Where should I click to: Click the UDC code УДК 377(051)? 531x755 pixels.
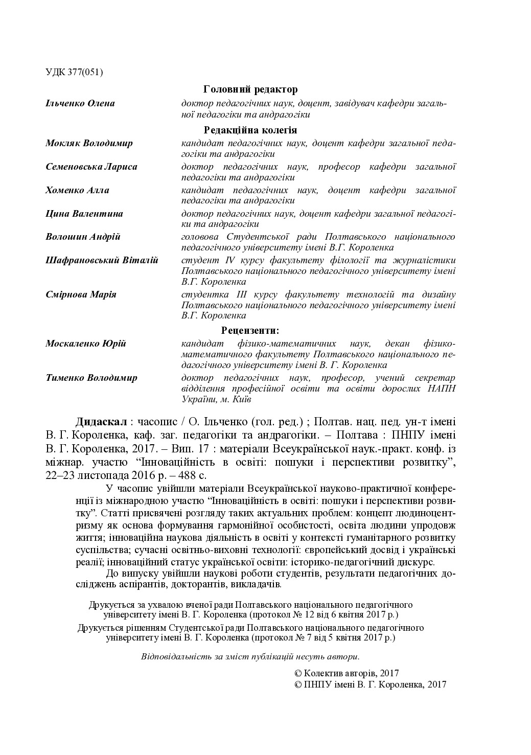coord(74,72)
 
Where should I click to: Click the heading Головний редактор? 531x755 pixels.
coord(250,90)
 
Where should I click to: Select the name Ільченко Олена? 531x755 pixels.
coord(80,103)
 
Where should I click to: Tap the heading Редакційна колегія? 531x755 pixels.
coord(250,130)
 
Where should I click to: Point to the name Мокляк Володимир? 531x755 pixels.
coord(89,143)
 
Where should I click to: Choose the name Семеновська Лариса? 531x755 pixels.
coord(91,167)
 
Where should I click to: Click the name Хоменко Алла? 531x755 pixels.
coord(77,190)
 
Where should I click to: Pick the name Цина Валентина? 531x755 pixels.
coord(84,214)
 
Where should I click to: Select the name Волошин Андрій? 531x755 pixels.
coord(83,237)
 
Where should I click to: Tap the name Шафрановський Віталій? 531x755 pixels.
coord(102,260)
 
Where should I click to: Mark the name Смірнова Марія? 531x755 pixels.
coord(81,294)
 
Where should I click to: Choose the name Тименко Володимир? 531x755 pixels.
coord(91,378)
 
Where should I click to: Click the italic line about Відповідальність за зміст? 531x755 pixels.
coord(250,656)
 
